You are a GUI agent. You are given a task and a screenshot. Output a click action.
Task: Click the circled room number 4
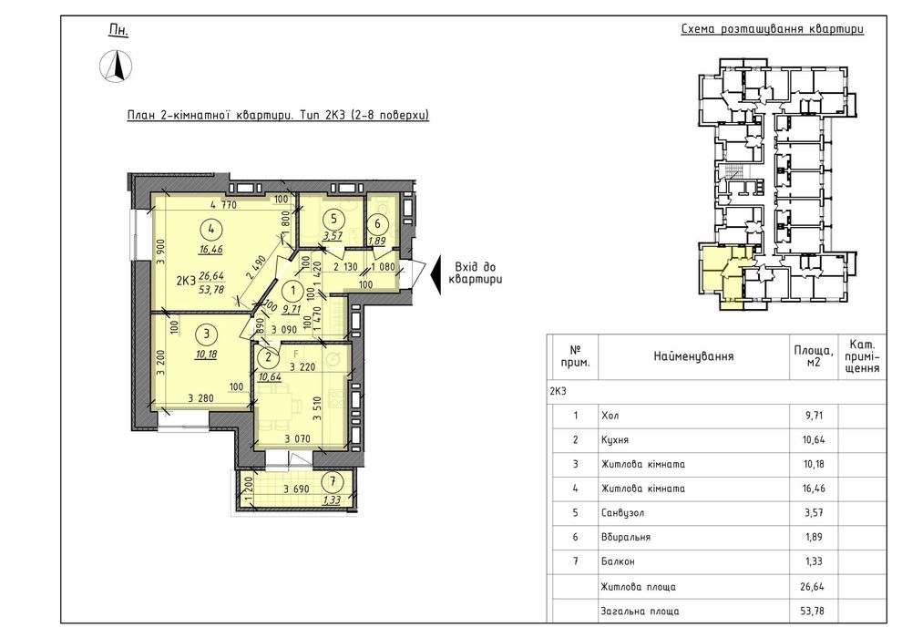[211, 229]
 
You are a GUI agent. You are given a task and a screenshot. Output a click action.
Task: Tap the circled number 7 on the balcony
[332, 481]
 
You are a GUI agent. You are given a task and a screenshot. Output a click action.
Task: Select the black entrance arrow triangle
[436, 274]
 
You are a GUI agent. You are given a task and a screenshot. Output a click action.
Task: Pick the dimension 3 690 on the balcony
[297, 489]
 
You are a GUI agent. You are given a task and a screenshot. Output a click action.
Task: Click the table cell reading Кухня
[615, 440]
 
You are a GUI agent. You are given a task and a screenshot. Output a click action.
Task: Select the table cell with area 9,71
[814, 416]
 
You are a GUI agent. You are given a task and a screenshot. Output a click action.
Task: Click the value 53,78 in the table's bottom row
[814, 611]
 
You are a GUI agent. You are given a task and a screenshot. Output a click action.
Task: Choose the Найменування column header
[693, 356]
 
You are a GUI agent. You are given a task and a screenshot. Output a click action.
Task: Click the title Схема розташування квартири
[772, 29]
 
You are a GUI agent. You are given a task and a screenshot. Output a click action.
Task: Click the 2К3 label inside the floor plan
[186, 282]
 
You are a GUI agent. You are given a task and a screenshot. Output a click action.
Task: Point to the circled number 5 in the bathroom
[333, 219]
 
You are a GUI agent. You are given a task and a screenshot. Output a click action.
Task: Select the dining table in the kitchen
[278, 407]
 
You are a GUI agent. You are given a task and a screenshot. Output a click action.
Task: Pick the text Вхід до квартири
[476, 273]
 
